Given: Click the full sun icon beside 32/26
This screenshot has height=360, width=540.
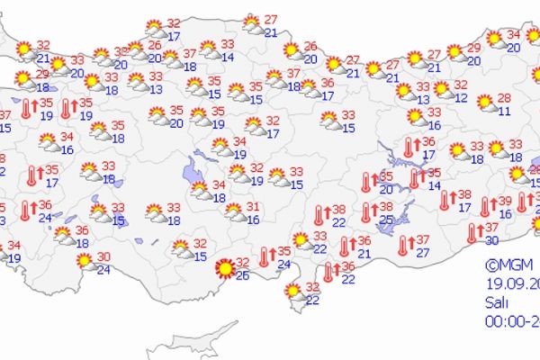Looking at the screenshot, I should tap(225, 267).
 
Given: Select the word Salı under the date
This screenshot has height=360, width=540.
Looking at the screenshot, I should tap(497, 301).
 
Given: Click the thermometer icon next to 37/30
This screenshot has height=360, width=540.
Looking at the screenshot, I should tap(474, 233).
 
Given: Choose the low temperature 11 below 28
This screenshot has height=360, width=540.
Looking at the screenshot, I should tap(505, 112).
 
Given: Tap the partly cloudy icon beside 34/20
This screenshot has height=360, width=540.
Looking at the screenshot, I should tap(494, 39).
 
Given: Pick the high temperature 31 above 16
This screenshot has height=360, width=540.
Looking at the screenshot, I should tap(254, 207).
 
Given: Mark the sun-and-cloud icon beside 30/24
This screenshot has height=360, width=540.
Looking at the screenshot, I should tap(85, 261).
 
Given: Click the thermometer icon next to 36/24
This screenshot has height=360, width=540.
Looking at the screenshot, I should tap(26, 211).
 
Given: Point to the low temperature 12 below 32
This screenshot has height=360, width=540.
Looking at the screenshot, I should tap(461, 97).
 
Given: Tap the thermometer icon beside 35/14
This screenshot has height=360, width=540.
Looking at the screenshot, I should tap(415, 178).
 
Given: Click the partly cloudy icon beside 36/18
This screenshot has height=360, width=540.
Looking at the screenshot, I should tap(63, 236).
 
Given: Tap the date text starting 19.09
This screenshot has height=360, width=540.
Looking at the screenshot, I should tap(509, 284).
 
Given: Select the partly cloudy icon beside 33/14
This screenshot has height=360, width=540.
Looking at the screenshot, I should tap(209, 49).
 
